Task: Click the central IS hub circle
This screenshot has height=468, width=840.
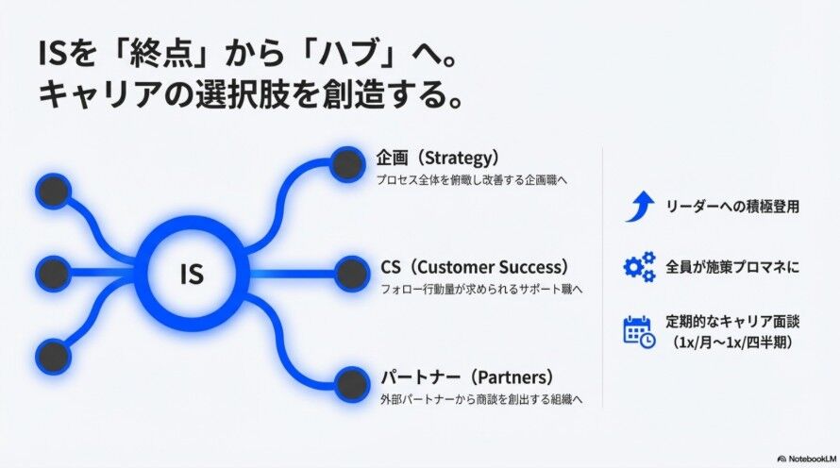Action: tap(192, 274)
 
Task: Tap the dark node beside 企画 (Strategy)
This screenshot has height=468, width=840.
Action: tap(350, 165)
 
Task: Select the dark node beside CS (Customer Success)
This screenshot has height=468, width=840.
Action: tap(351, 274)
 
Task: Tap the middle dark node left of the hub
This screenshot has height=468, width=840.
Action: tap(53, 274)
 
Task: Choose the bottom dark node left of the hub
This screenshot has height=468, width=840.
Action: tap(53, 356)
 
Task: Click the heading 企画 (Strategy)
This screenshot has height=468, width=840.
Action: tap(436, 157)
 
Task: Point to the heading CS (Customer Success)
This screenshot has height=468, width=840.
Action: tap(475, 266)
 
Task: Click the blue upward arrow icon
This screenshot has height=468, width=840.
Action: tap(639, 206)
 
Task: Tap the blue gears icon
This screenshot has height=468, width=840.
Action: tap(639, 267)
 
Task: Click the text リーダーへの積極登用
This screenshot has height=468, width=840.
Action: tap(732, 207)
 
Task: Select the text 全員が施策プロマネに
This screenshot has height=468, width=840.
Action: tap(732, 267)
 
